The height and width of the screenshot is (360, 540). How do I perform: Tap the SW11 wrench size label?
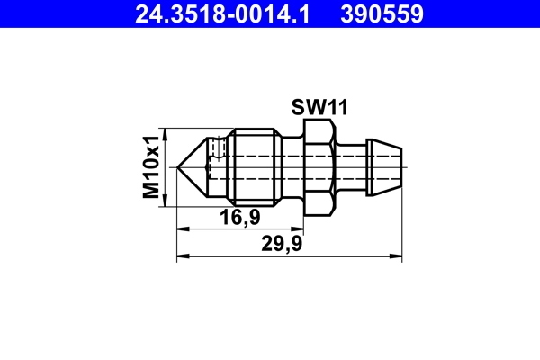[319, 107]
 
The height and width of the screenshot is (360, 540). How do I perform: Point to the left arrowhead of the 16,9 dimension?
[181, 229]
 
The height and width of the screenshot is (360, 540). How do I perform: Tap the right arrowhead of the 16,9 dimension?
[301, 229]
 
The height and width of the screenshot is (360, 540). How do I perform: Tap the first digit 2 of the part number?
[140, 13]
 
